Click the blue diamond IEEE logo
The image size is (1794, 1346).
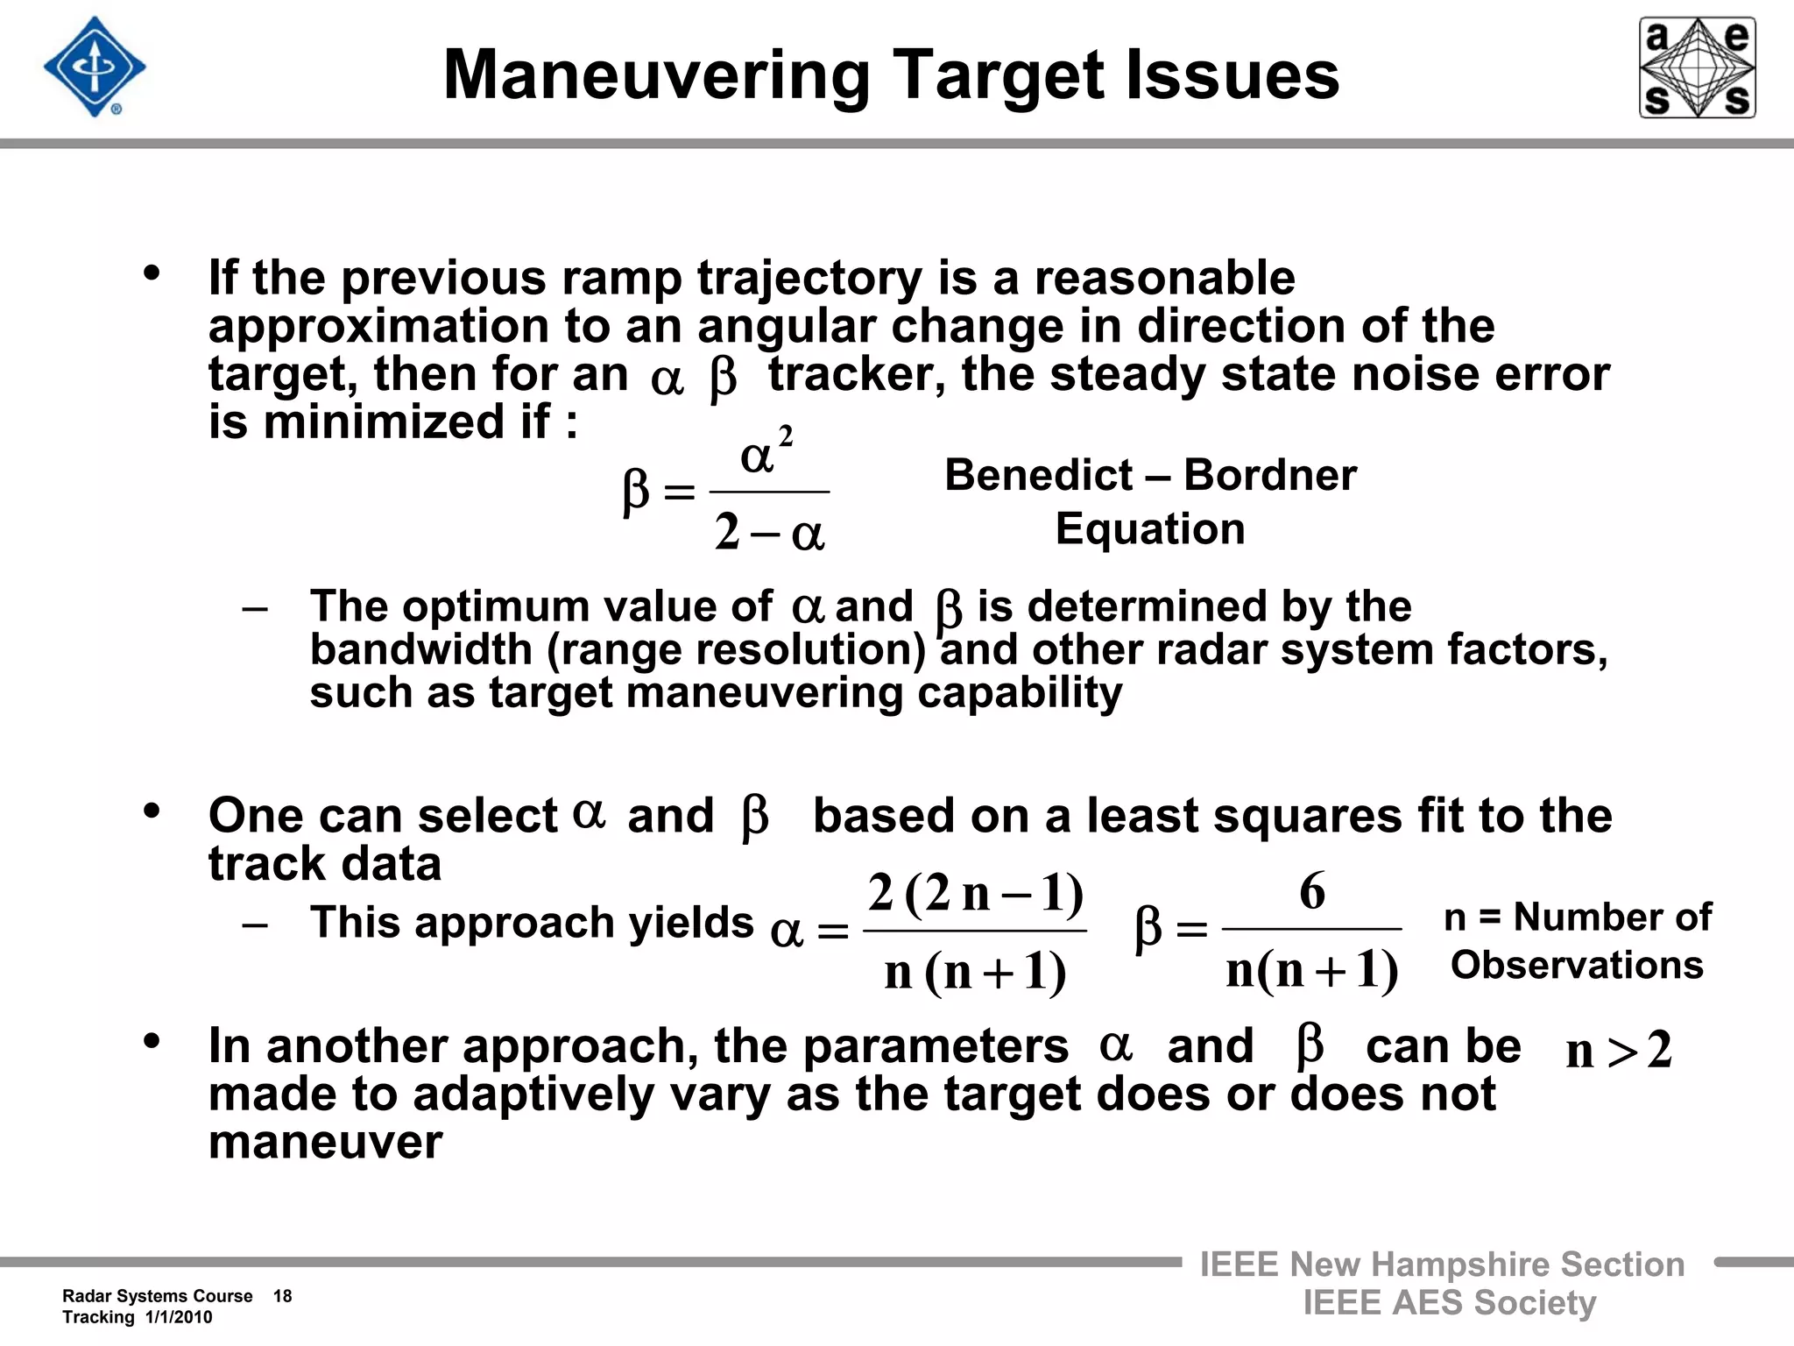click(x=95, y=67)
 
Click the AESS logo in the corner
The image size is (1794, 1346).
click(x=1697, y=67)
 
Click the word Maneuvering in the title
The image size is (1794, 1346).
click(x=656, y=75)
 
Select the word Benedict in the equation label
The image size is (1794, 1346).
click(x=1038, y=476)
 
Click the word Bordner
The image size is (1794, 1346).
click(x=1270, y=476)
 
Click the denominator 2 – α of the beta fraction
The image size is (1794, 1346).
click(x=769, y=533)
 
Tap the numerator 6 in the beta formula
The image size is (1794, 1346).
click(x=1311, y=892)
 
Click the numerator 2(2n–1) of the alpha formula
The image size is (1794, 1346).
click(x=976, y=894)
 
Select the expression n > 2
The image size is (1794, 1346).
click(x=1619, y=1050)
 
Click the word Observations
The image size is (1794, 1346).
click(x=1577, y=965)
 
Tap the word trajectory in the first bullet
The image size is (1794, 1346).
click(x=809, y=279)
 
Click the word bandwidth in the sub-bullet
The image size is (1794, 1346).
click(x=421, y=650)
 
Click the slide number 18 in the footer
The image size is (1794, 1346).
click(x=282, y=1296)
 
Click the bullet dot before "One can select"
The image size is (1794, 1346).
click(x=152, y=811)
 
